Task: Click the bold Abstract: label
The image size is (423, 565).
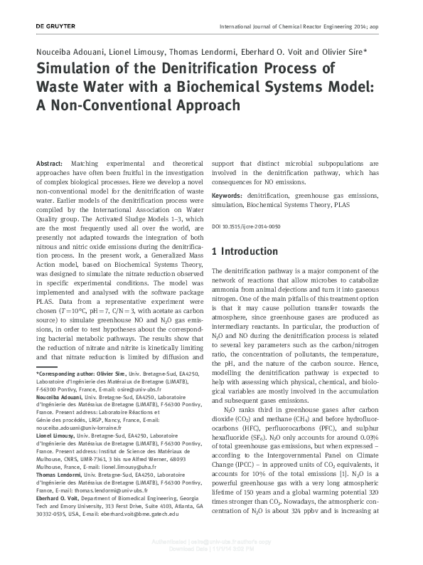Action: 49,164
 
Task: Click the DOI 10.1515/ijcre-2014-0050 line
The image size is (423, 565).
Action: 246,226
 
